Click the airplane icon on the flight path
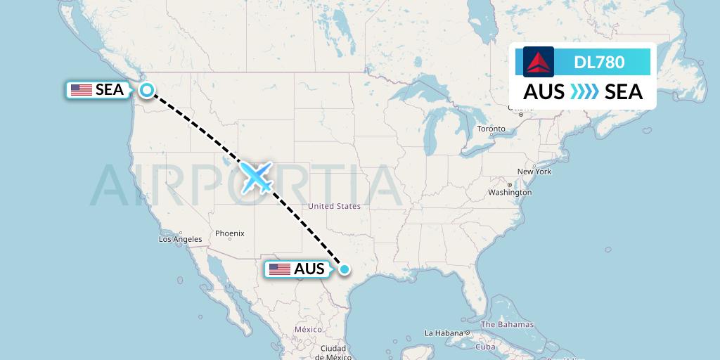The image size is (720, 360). coord(257,177)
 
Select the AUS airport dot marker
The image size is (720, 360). coord(345,269)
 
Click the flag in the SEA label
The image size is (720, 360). coord(82,90)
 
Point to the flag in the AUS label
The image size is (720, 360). coord(280,269)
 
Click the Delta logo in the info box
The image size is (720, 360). coord(539,62)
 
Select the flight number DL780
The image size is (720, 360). coord(599,63)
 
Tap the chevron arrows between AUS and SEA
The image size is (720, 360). coord(584,92)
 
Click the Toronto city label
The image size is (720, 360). coord(491,129)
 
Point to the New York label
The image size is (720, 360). coord(534,172)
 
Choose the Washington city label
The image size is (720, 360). coord(510,192)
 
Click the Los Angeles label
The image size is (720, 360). coord(180,239)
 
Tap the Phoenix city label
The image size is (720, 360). coord(230,233)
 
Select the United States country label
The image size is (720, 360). coord(334,206)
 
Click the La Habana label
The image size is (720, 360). coord(444,333)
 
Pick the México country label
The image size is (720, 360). coord(308,329)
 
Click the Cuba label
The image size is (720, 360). coord(486,347)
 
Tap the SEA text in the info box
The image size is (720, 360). coord(624,92)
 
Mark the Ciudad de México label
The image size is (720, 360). coord(333,352)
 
